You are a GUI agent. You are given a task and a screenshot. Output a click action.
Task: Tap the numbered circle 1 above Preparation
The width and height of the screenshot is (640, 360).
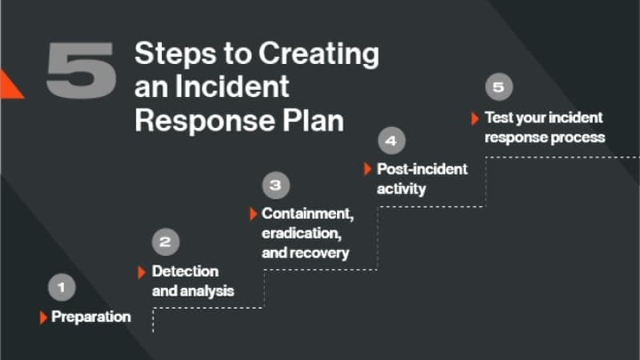62,286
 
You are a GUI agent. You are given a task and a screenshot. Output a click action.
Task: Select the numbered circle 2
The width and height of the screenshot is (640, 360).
165,242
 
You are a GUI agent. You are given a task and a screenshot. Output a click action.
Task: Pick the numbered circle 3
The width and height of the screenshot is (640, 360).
275,185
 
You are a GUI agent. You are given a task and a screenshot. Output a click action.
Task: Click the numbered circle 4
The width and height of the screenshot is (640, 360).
390,142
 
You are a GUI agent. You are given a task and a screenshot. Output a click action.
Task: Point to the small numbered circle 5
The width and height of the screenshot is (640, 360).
498,86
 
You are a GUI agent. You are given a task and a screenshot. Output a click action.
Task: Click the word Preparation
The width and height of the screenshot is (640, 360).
90,317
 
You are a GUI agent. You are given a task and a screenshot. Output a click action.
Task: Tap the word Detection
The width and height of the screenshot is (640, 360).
185,271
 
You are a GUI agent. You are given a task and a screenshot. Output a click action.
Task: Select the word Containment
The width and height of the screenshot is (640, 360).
306,214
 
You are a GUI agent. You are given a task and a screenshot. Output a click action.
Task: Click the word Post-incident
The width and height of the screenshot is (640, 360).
422,170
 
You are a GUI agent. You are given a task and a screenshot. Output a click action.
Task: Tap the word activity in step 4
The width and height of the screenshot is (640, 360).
401,190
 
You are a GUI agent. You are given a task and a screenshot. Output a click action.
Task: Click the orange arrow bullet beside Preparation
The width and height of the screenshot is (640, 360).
43,318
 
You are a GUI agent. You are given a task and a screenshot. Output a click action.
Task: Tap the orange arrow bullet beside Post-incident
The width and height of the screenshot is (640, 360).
368,170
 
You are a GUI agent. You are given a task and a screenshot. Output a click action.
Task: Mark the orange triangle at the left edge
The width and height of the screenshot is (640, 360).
10,85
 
